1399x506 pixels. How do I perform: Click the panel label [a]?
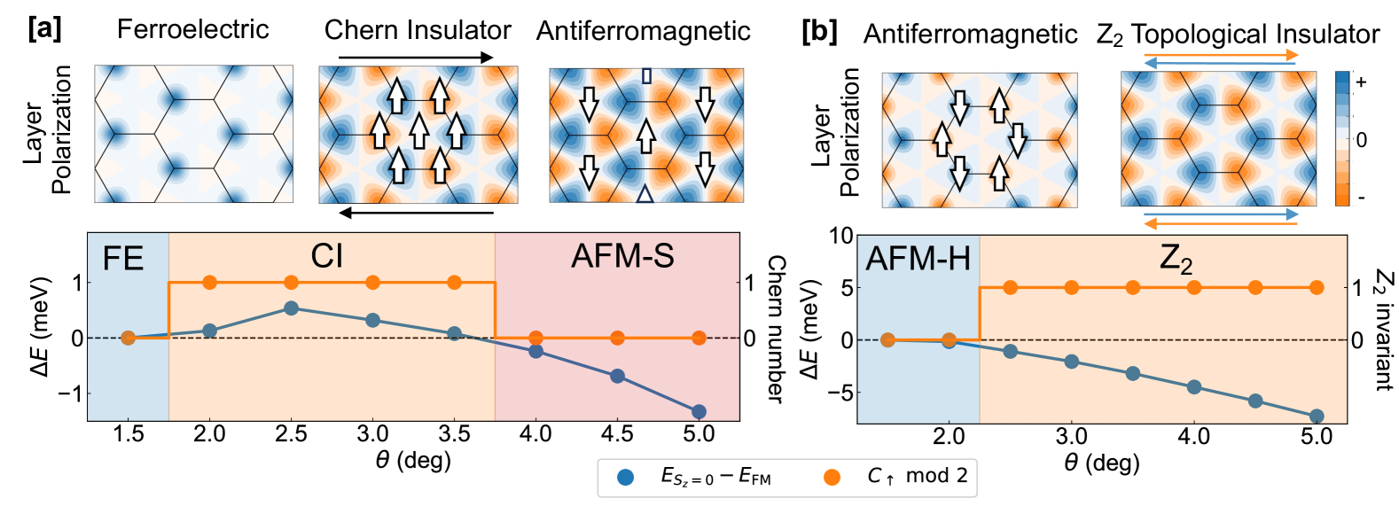click(44, 28)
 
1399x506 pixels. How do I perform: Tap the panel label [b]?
click(818, 32)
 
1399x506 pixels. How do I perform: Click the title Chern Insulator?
click(418, 30)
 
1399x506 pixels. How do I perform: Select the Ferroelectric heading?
click(192, 29)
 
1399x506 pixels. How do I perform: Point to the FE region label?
click(123, 258)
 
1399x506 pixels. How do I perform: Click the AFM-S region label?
click(622, 256)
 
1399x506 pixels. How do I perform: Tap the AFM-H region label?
click(918, 259)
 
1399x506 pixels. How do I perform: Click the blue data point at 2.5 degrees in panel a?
click(291, 308)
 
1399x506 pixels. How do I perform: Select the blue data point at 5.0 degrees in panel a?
click(699, 411)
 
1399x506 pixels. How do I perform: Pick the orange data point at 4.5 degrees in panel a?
click(617, 338)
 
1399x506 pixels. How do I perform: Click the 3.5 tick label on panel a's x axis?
click(454, 434)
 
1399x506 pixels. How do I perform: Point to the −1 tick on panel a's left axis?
click(70, 393)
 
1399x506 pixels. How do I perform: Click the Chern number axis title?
click(776, 330)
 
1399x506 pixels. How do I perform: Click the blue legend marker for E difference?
click(626, 477)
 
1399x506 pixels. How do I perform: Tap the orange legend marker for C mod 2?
click(831, 477)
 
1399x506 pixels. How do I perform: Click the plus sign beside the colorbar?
click(1362, 82)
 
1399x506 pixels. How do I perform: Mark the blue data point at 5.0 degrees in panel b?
click(1317, 416)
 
